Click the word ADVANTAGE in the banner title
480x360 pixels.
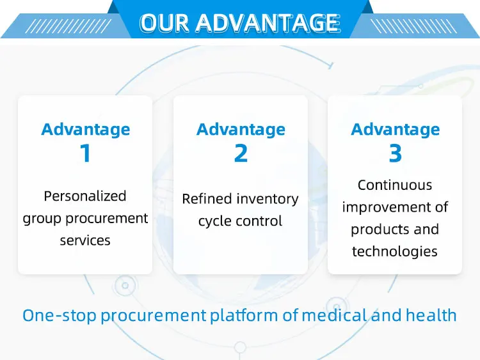268,23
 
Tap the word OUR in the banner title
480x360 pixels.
165,23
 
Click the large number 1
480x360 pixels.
85,154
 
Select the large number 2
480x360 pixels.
241,154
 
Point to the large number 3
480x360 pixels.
395,154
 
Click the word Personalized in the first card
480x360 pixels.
85,196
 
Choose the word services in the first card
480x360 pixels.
85,240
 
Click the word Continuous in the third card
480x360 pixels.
395,185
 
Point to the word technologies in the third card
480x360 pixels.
395,251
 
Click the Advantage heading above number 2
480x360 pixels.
241,129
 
